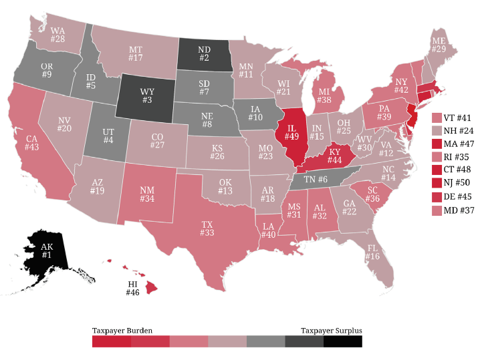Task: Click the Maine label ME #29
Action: [439, 46]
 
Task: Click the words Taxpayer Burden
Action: [122, 331]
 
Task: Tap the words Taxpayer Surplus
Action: [331, 331]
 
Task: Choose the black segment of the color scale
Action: [342, 341]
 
